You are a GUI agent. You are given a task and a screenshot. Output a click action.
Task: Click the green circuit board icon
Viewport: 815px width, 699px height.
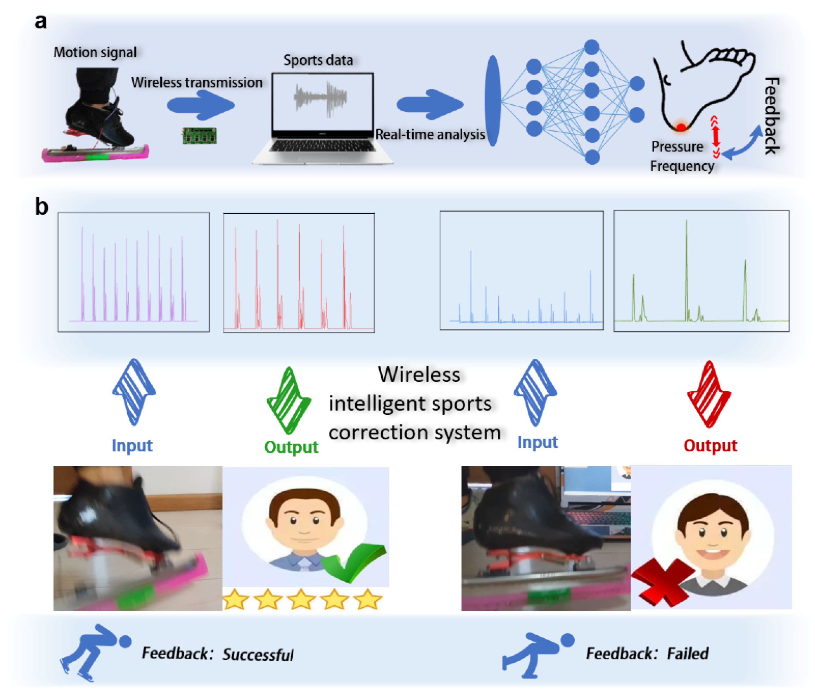[x=199, y=136]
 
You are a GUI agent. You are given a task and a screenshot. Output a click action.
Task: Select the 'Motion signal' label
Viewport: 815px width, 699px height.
[x=95, y=52]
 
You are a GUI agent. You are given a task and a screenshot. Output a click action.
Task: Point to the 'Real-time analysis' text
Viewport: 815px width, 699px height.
[x=430, y=134]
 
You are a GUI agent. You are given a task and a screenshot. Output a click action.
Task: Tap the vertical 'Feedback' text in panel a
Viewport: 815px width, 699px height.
[x=772, y=116]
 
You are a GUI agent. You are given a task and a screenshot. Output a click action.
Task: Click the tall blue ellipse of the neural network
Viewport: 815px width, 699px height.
[x=493, y=101]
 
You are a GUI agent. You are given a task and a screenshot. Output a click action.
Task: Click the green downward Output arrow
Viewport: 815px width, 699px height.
[x=289, y=401]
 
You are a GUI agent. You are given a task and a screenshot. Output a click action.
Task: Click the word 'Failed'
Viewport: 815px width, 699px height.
[x=688, y=653]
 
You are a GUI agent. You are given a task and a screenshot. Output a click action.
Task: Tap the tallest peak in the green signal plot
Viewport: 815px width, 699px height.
[x=687, y=221]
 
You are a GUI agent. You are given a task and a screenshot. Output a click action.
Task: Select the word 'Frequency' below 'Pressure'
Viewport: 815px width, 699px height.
[x=682, y=166]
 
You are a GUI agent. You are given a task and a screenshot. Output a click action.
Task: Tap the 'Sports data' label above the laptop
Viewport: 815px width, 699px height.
[x=318, y=60]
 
